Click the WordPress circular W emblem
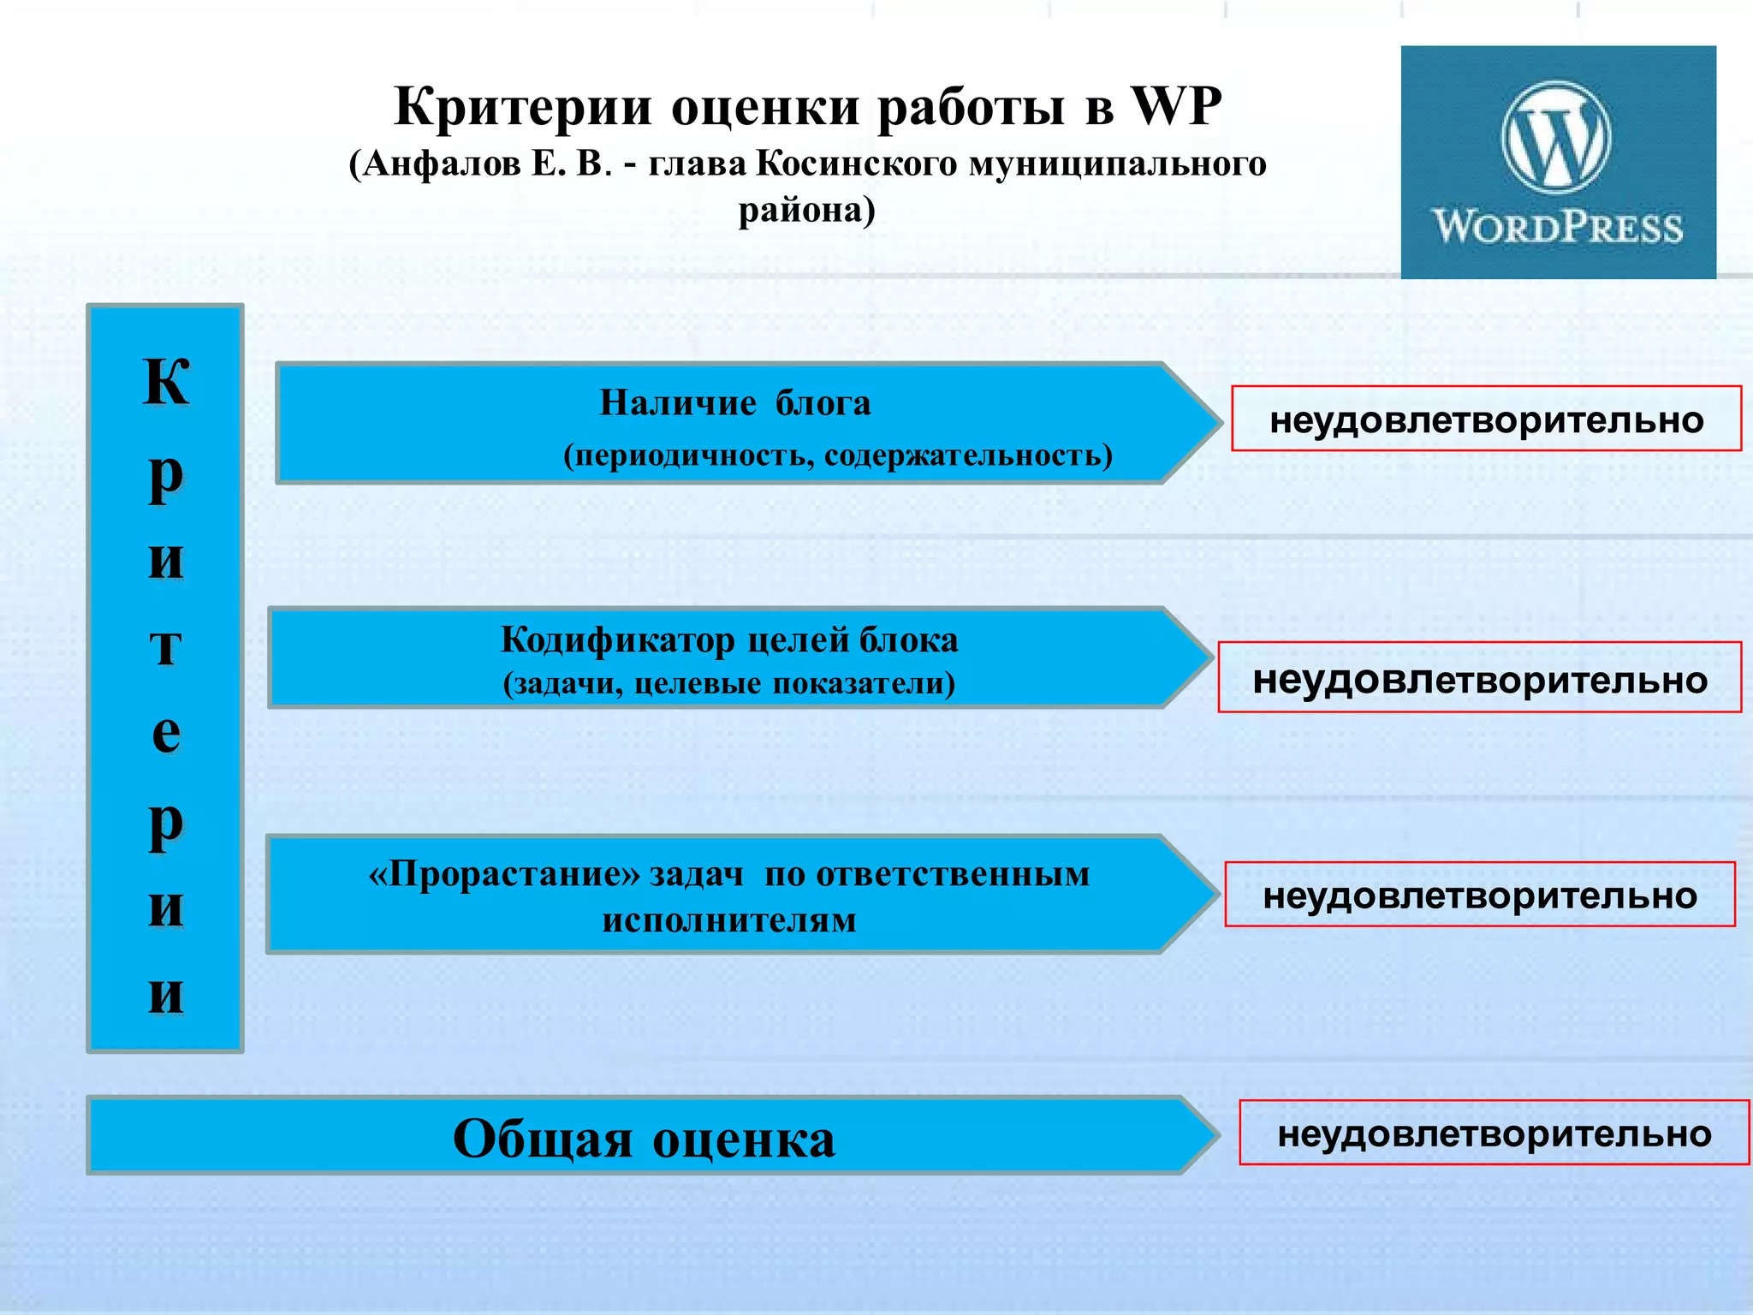1556,137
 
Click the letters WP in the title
1176,107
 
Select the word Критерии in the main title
523,107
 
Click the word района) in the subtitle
807,210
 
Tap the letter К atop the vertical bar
165,381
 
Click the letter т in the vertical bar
165,646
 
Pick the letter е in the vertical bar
165,733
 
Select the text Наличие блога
734,402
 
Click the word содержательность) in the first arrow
968,455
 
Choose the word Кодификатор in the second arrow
617,640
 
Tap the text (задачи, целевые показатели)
729,683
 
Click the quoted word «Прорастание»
504,874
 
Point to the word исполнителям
729,920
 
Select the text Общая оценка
644,1139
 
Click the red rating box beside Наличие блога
1486,419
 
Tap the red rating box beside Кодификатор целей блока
1479,678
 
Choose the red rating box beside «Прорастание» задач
1479,895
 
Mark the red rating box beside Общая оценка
1494,1133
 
